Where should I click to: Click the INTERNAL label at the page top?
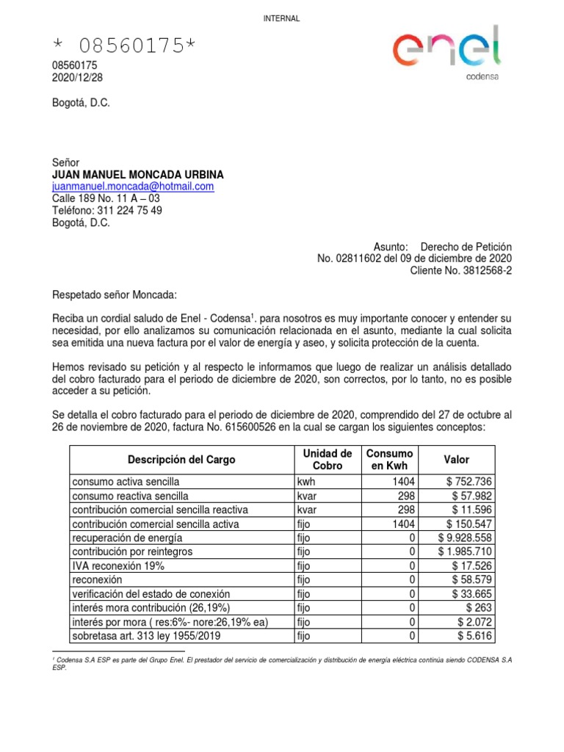pos(281,18)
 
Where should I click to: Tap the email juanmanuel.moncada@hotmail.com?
pos(133,187)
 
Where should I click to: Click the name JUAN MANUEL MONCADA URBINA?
pos(138,175)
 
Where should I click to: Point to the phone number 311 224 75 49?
pos(131,211)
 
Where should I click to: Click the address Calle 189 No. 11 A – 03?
pos(106,198)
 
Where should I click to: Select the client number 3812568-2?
pos(482,270)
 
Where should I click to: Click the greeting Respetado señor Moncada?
pos(115,294)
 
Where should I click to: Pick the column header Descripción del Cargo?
pos(181,460)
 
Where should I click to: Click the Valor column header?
pos(456,460)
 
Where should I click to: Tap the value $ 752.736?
pos(469,482)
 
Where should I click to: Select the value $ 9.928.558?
pos(464,538)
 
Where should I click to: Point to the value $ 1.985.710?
pos(464,552)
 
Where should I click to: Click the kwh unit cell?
pos(305,482)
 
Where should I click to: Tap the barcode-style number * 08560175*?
pos(125,46)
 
